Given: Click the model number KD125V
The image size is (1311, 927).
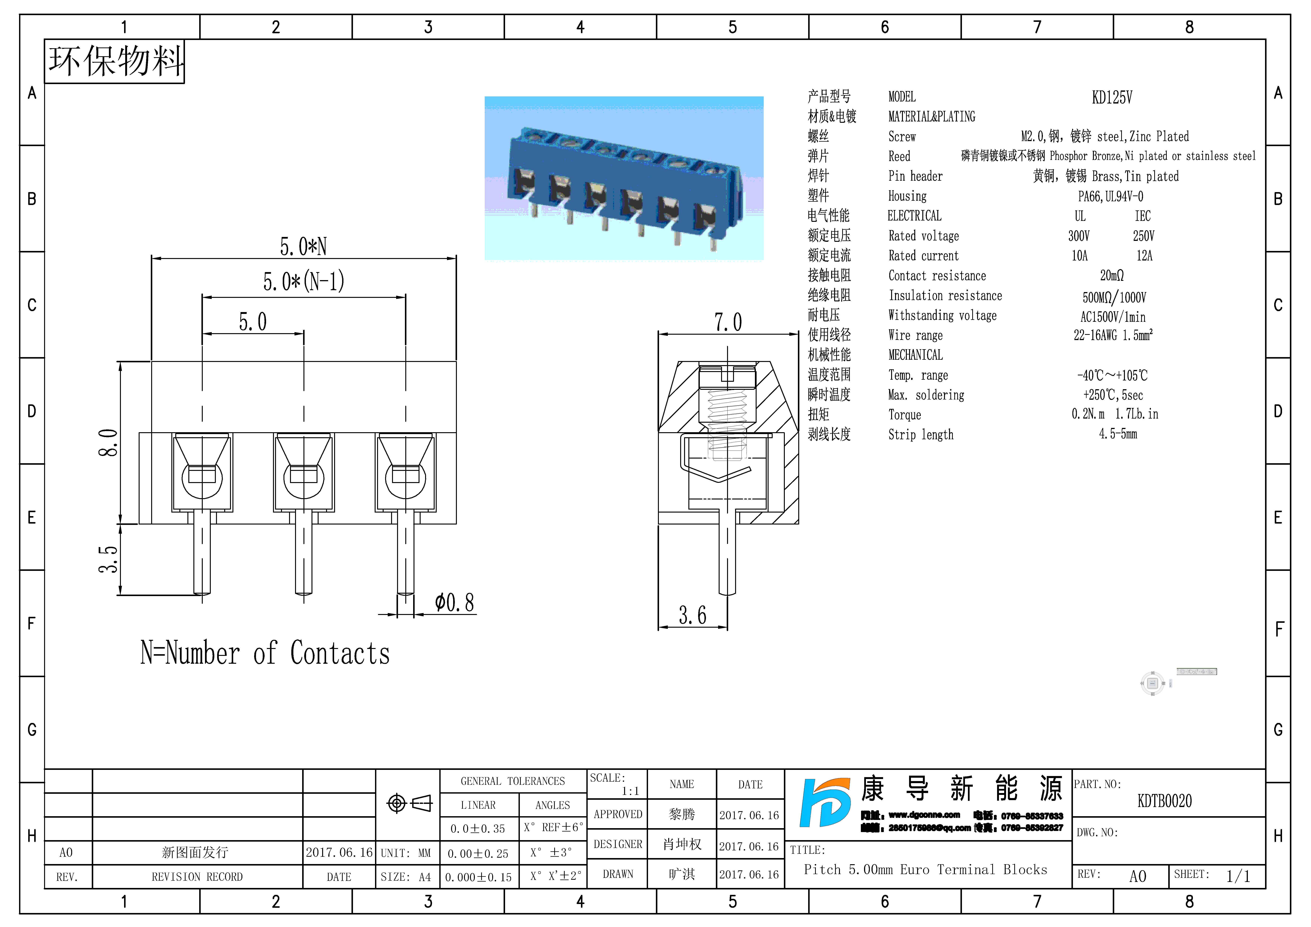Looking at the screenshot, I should click(1111, 98).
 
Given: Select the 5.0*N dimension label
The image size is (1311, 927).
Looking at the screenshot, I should click(303, 247).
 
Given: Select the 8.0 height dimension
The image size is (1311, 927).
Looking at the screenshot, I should click(109, 443).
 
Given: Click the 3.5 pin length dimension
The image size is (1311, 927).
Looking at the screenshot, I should click(109, 559).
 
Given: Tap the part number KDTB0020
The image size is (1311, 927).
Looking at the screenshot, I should click(1164, 801).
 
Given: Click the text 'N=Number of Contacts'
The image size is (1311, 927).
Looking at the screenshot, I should click(265, 653).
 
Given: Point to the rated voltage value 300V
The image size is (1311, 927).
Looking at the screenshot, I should click(1079, 236).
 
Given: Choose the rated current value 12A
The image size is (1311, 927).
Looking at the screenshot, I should click(1144, 256).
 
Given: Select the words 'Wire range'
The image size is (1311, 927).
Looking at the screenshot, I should click(915, 335).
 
